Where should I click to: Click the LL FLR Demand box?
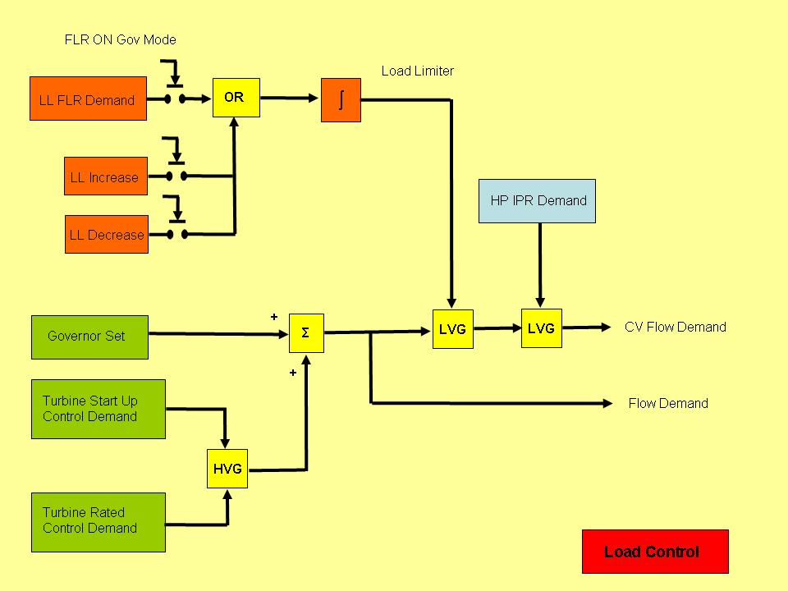pos(88,99)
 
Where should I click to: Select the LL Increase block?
pos(106,176)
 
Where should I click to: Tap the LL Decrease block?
pos(106,235)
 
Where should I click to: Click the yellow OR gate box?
pos(236,98)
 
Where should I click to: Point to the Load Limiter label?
pos(417,71)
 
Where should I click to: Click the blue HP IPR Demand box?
pos(538,201)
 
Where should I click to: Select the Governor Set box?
pos(89,337)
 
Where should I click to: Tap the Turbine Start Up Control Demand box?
pos(98,409)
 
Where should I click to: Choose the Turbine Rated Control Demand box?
pos(98,522)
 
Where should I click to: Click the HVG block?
pos(227,470)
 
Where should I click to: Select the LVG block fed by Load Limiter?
pos(452,329)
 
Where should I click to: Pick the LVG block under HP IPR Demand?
pos(541,328)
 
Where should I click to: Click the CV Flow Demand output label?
pos(675,327)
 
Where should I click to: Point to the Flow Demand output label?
pos(667,403)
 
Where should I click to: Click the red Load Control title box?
pos(654,552)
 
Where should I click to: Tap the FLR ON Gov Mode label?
pos(121,39)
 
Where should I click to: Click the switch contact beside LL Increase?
pos(176,176)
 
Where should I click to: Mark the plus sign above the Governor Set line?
pos(274,317)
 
